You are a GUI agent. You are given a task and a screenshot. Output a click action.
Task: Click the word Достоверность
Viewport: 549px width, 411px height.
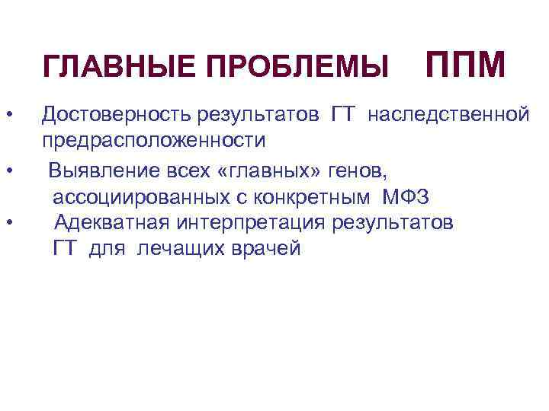pos(117,116)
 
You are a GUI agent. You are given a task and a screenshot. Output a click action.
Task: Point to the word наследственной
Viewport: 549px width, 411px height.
pos(449,116)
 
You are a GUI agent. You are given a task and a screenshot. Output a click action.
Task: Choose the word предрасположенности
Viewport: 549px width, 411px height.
pos(154,142)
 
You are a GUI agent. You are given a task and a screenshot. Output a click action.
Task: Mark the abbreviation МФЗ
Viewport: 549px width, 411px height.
pos(406,197)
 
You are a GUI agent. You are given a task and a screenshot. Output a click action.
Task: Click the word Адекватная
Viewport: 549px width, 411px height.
pos(114,223)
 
